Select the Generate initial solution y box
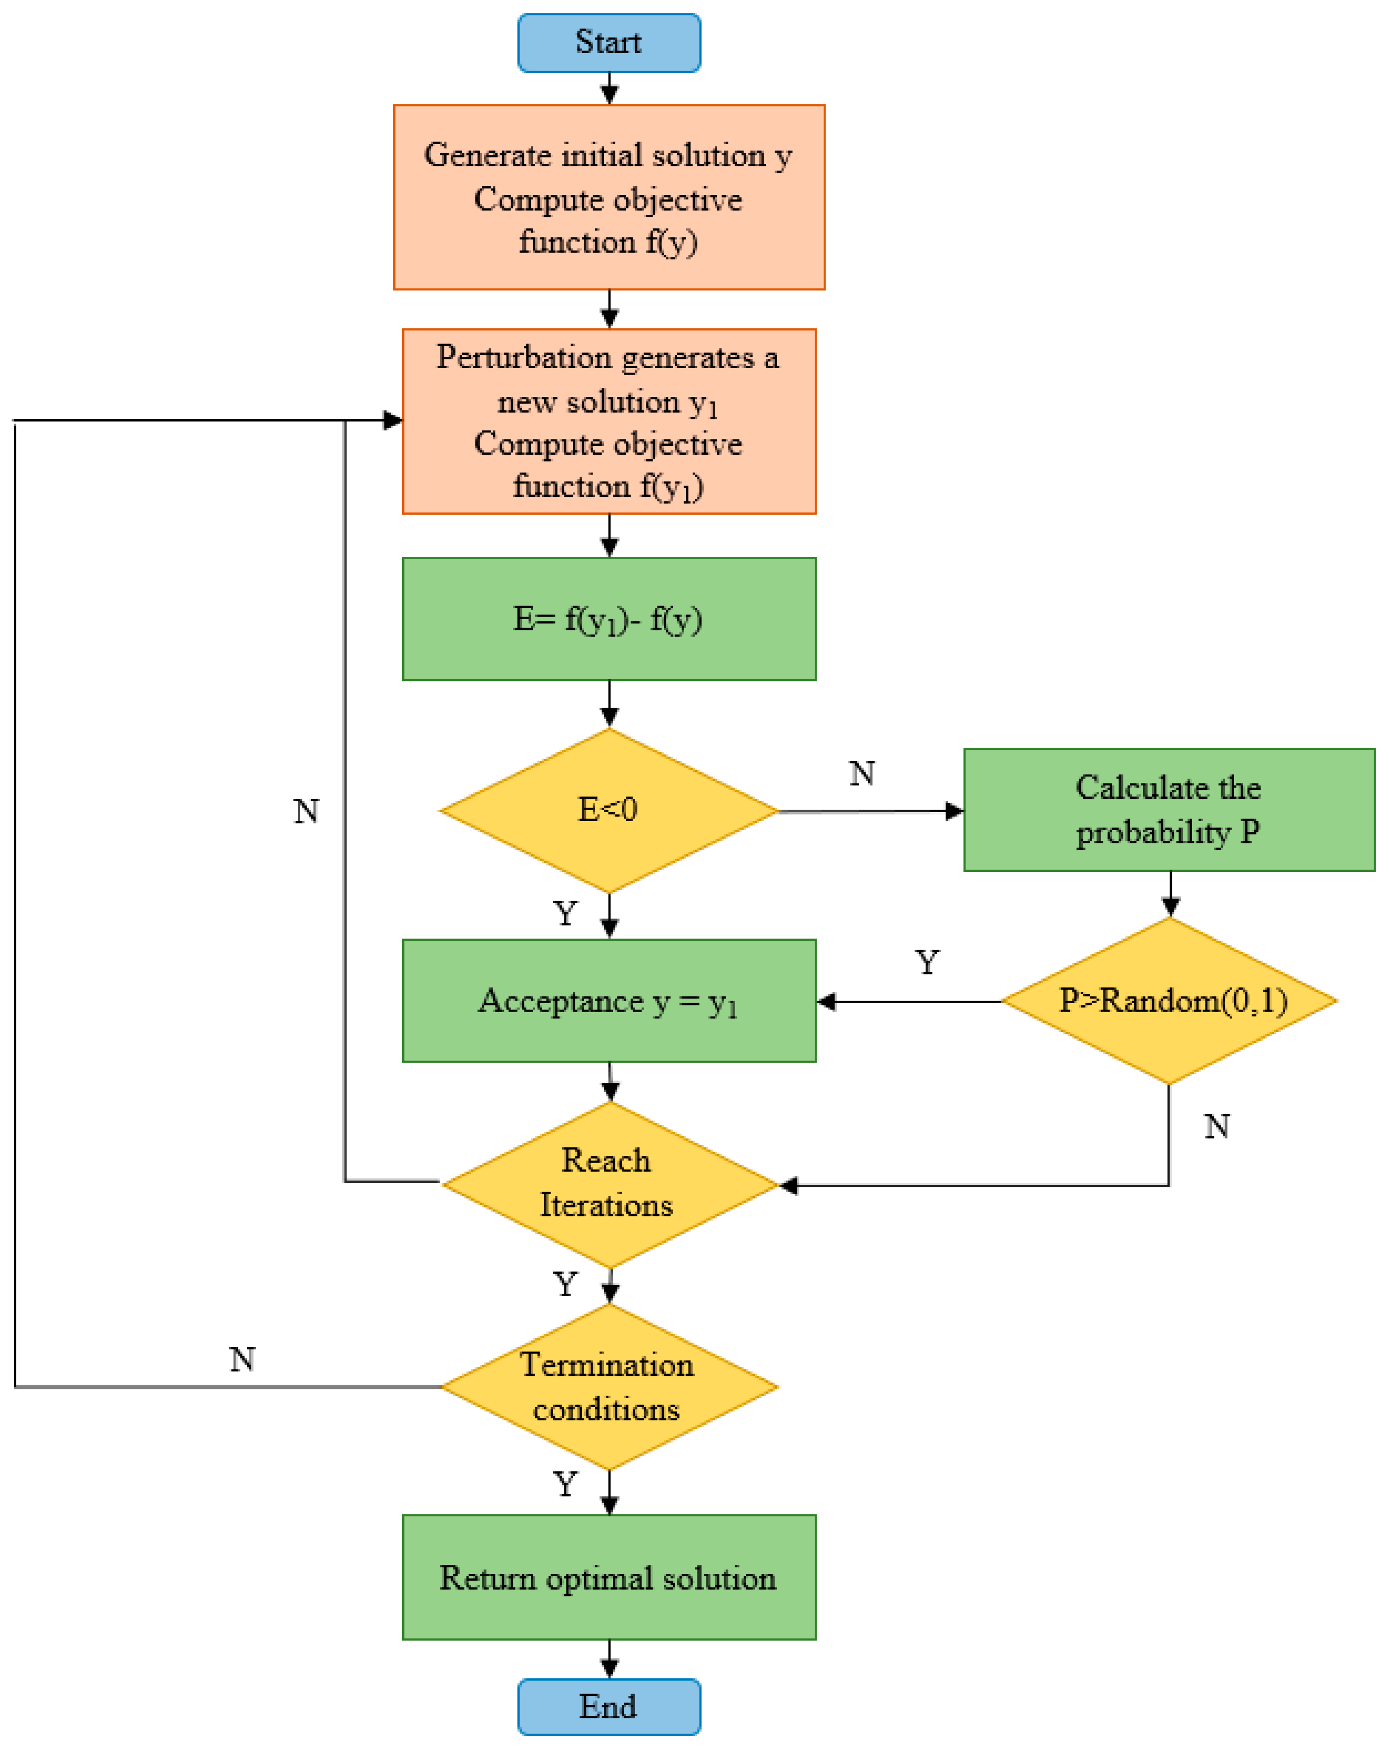click(x=608, y=197)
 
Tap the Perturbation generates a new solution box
click(x=608, y=421)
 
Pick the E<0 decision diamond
click(x=608, y=810)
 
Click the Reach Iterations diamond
click(x=608, y=1184)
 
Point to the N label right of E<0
click(x=862, y=774)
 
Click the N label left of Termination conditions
click(x=242, y=1359)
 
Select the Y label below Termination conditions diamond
click(x=565, y=1485)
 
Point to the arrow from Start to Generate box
click(x=609, y=88)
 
